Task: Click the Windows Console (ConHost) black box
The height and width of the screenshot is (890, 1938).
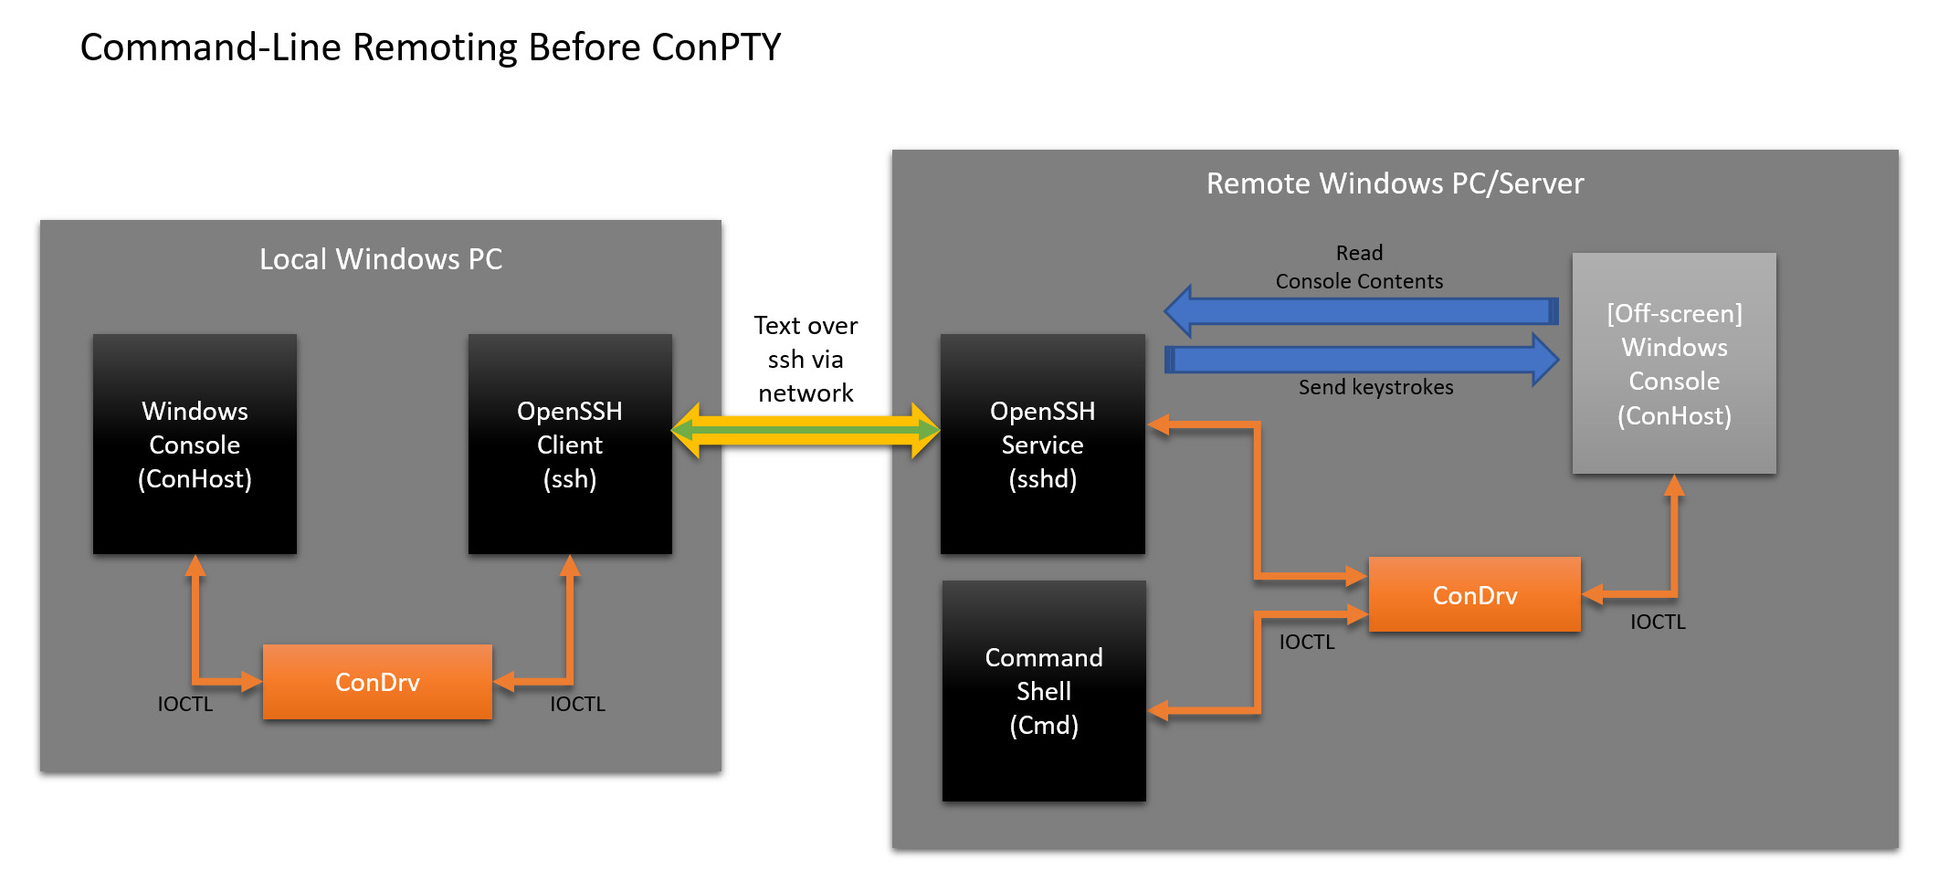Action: coord(195,444)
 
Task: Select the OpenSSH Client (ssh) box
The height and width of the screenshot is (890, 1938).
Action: coord(570,444)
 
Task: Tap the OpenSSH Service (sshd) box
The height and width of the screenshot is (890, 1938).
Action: coord(1042,444)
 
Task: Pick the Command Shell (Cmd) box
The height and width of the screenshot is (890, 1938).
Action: coord(1044,691)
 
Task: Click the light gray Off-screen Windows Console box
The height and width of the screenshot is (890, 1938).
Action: coord(1674,363)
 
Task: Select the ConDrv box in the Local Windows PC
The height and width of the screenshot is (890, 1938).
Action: coord(377,682)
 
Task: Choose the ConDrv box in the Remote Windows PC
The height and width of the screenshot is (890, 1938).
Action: coord(1475,594)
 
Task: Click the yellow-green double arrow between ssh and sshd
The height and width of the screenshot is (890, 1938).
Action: coord(806,430)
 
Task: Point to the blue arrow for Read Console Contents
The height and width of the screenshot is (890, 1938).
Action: coord(1361,311)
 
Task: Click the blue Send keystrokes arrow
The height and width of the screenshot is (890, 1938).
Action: coord(1362,360)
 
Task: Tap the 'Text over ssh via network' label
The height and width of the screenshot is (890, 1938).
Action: coord(806,359)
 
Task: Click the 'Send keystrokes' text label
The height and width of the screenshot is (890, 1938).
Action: coord(1375,387)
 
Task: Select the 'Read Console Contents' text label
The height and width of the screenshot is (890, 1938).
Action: coord(1359,267)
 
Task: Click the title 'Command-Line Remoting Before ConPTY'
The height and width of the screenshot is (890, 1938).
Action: coord(430,47)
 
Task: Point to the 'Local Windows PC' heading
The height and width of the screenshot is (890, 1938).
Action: coord(381,259)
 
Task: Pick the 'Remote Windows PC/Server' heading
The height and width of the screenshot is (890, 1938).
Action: coord(1395,183)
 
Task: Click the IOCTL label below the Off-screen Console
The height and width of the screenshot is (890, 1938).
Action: coord(1658,622)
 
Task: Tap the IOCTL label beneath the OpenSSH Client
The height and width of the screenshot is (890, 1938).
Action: coord(577,704)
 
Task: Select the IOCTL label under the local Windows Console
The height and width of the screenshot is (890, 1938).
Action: coord(184,704)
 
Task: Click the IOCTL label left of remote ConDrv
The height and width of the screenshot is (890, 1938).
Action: coord(1306,642)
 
